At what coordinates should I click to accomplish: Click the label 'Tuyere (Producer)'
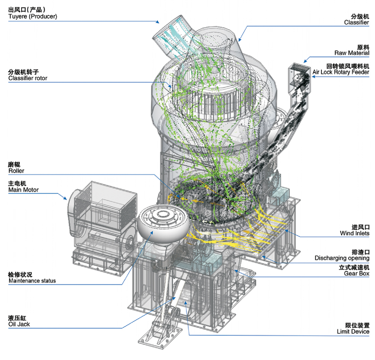pos(33,17)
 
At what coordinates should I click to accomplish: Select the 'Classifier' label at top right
pos(357,22)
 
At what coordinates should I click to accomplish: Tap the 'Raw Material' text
pos(352,53)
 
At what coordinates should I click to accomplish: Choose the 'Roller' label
pos(16,171)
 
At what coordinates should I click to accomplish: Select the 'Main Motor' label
pos(23,190)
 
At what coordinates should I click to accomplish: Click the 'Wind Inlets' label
pos(354,233)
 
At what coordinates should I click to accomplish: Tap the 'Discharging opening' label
pos(342,258)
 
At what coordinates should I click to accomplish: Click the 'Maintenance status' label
pos(32,281)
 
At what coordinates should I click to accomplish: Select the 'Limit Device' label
pos(353,332)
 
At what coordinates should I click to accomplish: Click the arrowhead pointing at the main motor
pos(66,196)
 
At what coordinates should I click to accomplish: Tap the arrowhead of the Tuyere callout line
pos(158,21)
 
